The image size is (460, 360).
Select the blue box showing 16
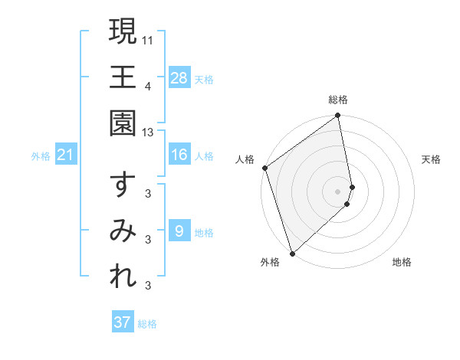(179, 155)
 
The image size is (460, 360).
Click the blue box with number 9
(179, 231)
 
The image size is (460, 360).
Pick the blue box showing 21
(66, 155)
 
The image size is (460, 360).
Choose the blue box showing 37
(123, 322)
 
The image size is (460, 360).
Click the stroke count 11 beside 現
(149, 38)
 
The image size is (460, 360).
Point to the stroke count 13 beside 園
(148, 132)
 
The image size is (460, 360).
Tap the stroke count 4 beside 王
(148, 85)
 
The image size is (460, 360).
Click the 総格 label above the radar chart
(338, 100)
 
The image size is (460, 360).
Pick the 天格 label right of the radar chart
(432, 159)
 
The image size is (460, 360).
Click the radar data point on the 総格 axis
(338, 117)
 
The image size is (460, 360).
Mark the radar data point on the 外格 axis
(292, 253)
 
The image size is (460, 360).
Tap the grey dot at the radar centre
(338, 190)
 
